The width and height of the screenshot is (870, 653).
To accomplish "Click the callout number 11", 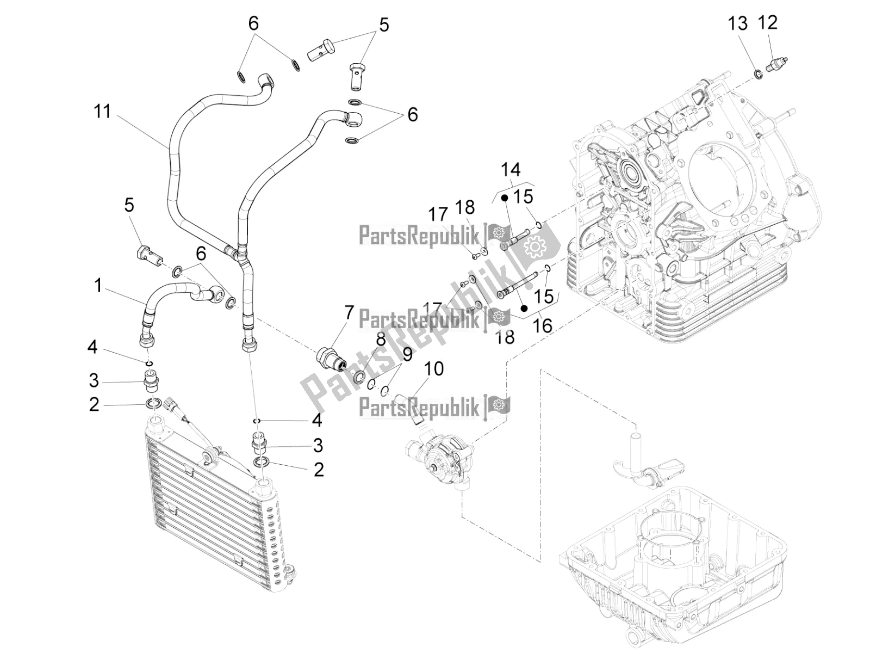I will (x=102, y=112).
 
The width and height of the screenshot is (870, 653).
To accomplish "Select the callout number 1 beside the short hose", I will (x=98, y=286).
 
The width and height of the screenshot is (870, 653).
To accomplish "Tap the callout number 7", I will (x=349, y=313).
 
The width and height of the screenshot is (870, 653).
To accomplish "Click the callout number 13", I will (x=738, y=23).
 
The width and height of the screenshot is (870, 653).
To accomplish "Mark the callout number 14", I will (x=511, y=170).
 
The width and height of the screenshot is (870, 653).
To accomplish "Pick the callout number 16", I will (x=543, y=325).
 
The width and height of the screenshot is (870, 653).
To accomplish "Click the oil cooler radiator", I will (x=212, y=490).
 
